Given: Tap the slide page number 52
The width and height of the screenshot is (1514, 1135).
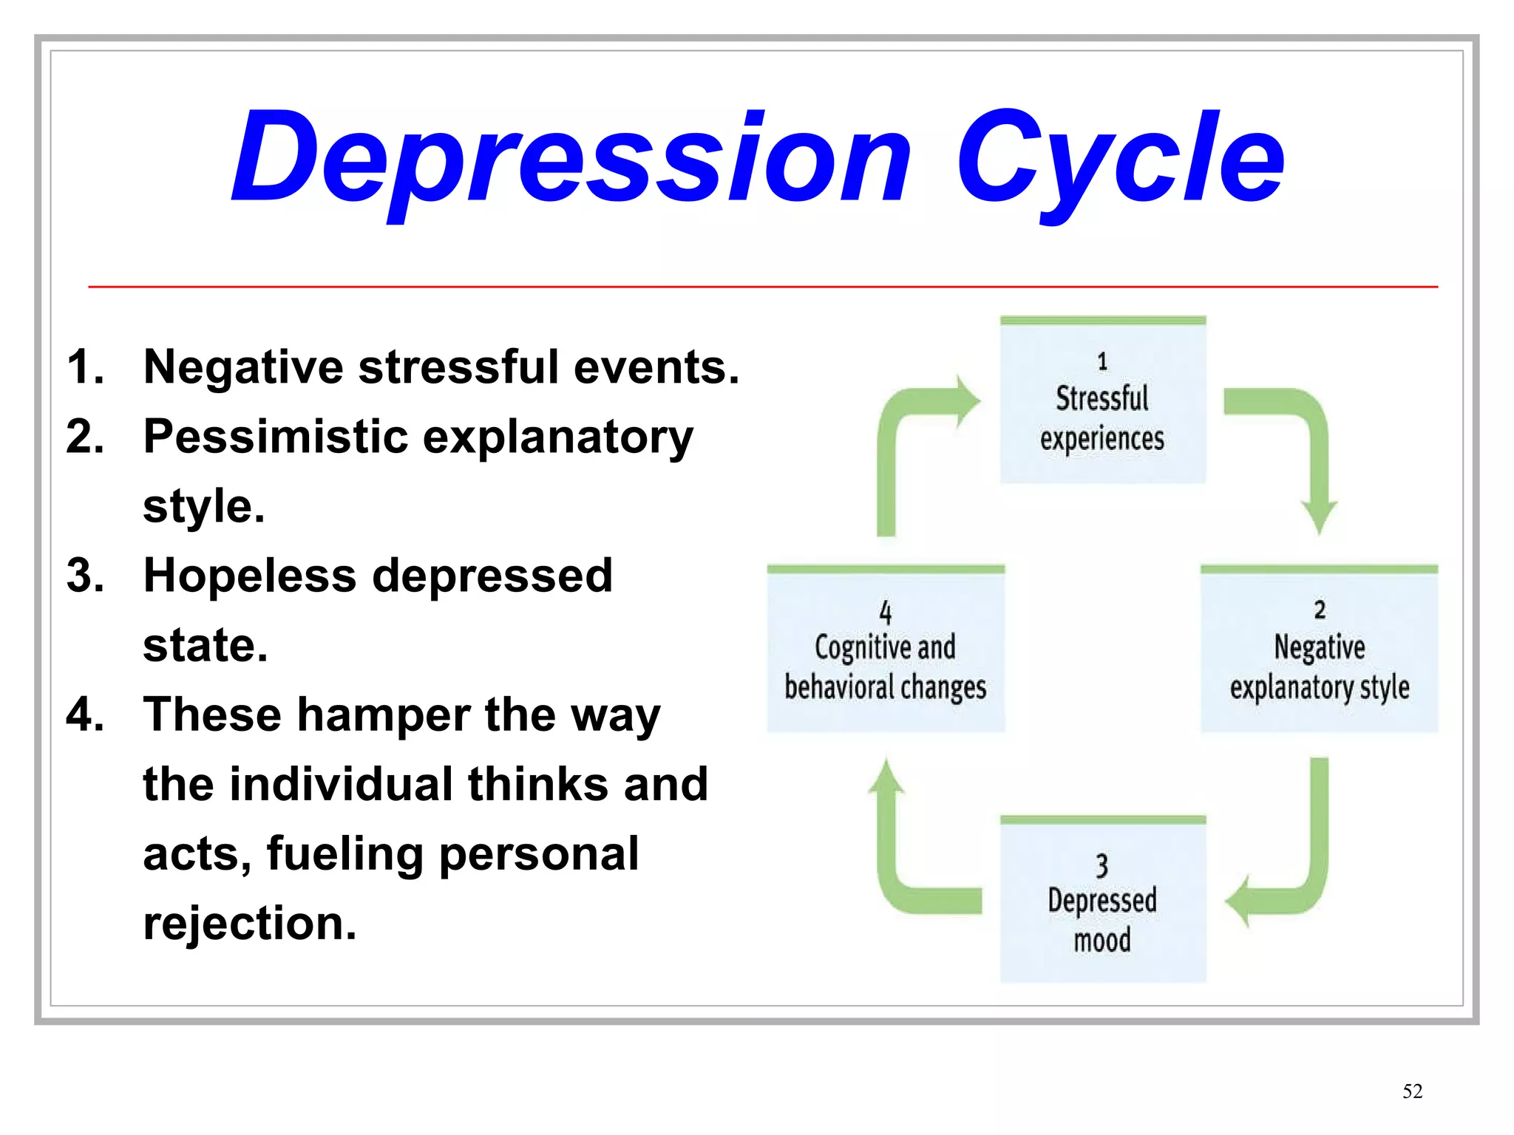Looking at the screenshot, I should (1412, 1091).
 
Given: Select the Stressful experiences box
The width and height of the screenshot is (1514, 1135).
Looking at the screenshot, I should (1102, 403).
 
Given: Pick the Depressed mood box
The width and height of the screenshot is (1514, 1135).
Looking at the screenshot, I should (1102, 902).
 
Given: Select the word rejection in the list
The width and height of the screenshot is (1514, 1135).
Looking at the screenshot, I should (250, 923).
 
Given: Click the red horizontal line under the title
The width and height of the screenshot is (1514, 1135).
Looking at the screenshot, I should (761, 286).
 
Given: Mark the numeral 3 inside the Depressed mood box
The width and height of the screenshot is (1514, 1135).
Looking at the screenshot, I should (1101, 865).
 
